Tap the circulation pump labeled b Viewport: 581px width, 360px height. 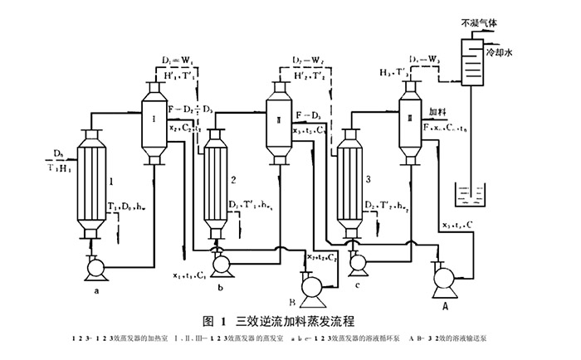(x=222, y=263)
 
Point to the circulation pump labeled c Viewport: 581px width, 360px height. (x=359, y=262)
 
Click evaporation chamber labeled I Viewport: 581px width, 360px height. (x=154, y=124)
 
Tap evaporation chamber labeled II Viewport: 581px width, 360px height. (x=280, y=124)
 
